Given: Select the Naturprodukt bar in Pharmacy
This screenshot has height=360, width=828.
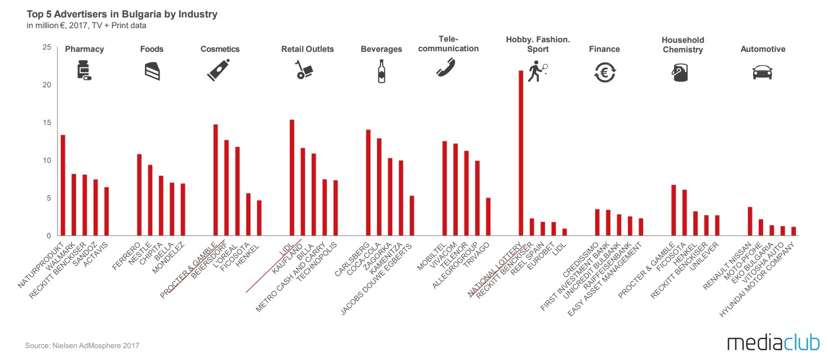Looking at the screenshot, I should point(63,185).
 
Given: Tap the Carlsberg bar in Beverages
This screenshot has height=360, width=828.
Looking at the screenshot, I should point(368,183).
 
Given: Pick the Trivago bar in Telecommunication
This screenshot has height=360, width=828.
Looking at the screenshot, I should point(488,217).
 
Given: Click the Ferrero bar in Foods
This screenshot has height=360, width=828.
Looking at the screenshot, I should point(139,195).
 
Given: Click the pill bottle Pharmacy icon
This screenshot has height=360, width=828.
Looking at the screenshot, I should point(84,71).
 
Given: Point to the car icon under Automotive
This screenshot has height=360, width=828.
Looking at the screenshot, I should point(762,72).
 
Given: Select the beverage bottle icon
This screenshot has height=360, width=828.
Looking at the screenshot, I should point(382,71).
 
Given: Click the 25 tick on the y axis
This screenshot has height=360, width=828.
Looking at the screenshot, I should point(47,47).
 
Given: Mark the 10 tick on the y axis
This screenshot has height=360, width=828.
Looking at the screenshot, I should point(47,161).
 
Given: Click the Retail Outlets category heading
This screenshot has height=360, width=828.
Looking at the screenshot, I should point(307,49).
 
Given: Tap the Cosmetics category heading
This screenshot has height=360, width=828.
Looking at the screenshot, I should point(220,49).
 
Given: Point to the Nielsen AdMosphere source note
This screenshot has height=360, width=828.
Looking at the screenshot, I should point(82,345).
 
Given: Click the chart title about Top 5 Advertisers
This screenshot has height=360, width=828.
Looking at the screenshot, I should point(122,14).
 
